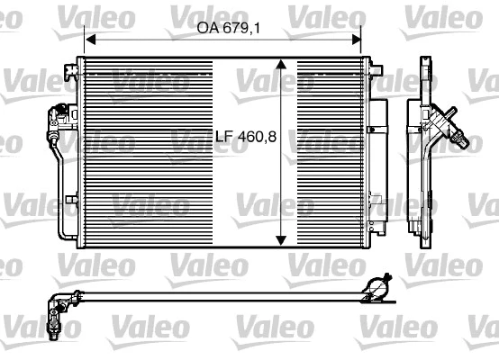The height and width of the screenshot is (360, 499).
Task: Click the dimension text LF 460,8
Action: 244,138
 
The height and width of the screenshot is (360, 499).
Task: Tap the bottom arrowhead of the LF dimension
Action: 283,238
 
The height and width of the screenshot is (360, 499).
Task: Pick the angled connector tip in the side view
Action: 461,139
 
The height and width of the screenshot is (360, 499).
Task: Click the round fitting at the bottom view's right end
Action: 377,290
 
